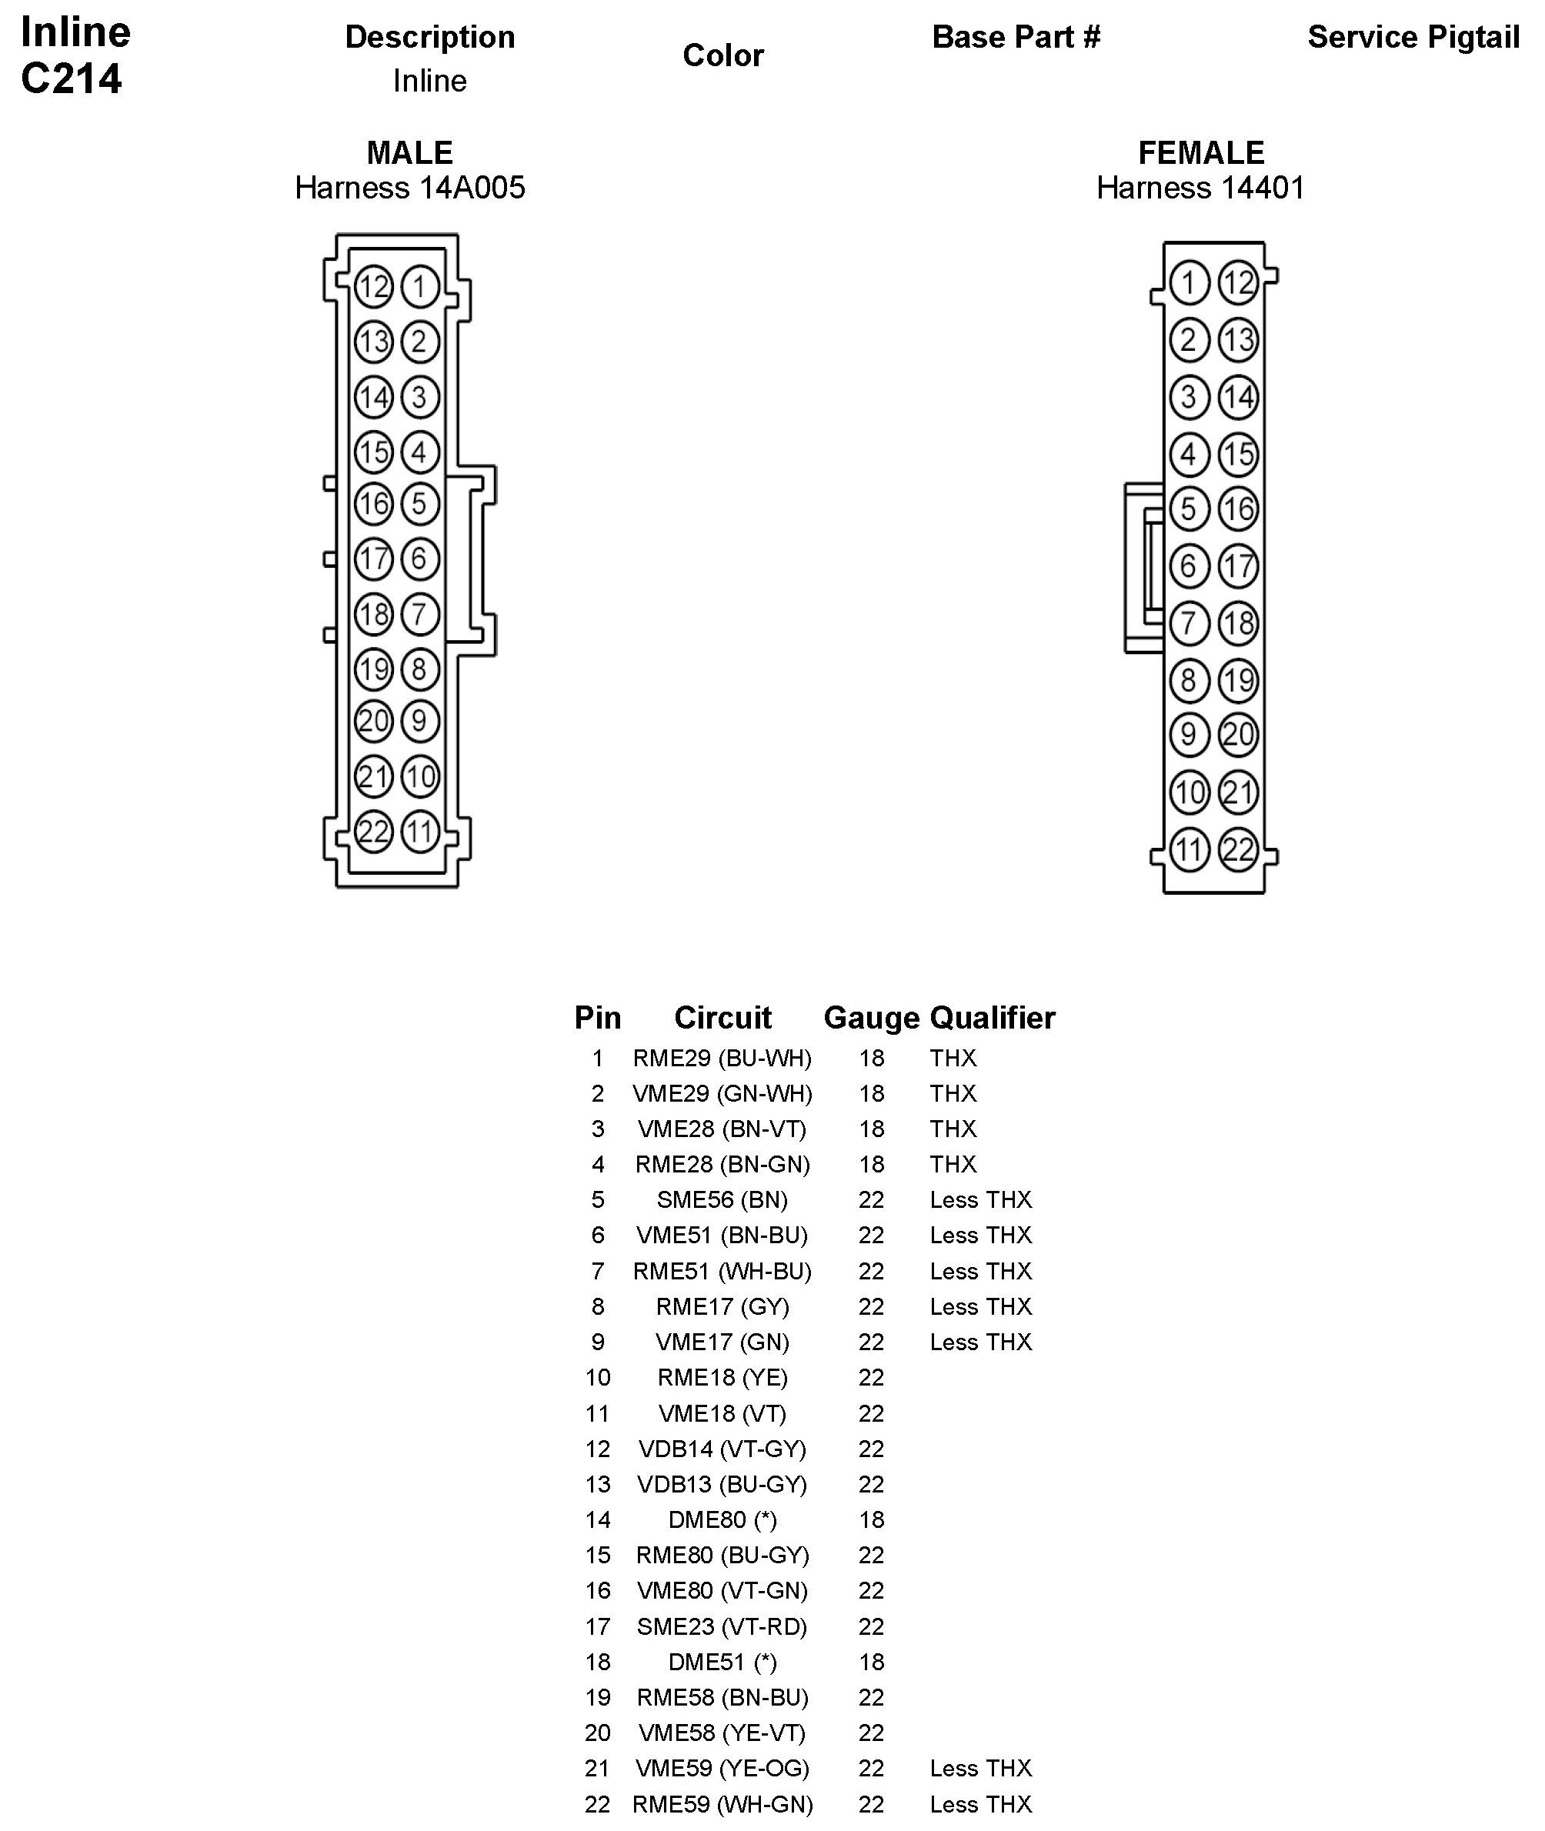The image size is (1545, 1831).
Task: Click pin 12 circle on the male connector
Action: point(373,286)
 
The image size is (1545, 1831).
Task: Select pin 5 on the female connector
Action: point(1189,508)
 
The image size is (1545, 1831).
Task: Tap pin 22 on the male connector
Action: point(373,831)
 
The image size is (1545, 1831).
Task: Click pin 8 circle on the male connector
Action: point(419,669)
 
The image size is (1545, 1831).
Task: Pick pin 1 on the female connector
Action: point(1189,283)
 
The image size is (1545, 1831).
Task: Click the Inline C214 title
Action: point(75,55)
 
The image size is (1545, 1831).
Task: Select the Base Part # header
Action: point(1015,37)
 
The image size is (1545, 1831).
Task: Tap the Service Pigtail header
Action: point(1413,37)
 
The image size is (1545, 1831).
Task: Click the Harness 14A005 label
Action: point(410,188)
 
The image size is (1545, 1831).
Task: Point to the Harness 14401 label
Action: point(1200,188)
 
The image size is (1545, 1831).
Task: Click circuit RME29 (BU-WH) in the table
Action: point(722,1058)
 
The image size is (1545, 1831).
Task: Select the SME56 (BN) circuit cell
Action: point(722,1199)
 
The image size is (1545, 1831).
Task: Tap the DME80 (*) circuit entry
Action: point(722,1519)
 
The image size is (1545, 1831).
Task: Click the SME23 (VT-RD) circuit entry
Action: point(722,1626)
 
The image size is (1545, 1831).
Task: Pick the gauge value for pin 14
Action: point(872,1519)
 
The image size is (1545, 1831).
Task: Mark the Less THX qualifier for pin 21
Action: point(981,1768)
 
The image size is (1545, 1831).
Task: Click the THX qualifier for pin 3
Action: point(953,1129)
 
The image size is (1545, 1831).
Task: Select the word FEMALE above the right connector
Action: point(1201,152)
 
